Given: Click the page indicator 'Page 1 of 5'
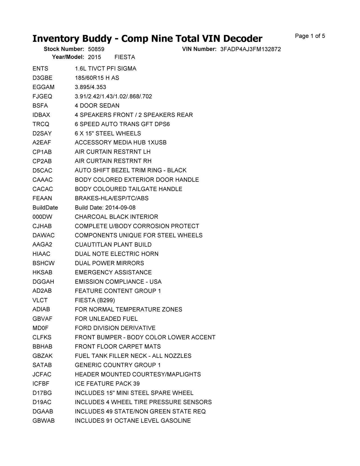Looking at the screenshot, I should tap(310, 36).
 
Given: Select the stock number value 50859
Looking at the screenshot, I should tap(96, 49).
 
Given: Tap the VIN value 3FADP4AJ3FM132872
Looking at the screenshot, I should tap(250, 49).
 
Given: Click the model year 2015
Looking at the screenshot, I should tap(94, 57).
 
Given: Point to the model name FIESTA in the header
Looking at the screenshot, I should tap(125, 57).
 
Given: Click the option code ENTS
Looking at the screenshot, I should tap(40, 69).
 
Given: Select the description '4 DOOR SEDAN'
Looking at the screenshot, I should tap(97, 106).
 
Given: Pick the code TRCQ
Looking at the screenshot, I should tap(41, 124).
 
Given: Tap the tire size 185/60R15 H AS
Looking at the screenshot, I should tap(97, 78).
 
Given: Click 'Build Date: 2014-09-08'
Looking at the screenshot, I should tap(105, 208).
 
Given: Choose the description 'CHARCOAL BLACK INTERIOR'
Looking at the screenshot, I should tap(116, 217).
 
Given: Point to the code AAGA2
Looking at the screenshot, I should tap(42, 245).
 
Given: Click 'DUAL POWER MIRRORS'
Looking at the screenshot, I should tap(109, 263).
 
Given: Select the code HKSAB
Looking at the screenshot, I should tap(42, 272).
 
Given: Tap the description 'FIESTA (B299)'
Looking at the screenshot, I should tap(95, 300).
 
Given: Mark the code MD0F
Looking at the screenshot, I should tap(40, 328).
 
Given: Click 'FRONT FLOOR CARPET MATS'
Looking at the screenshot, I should tap(118, 346).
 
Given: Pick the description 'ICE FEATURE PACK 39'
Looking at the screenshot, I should tap(107, 384).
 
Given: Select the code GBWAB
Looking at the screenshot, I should tap(43, 421).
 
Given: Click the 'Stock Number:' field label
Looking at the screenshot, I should tap(64, 49).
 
